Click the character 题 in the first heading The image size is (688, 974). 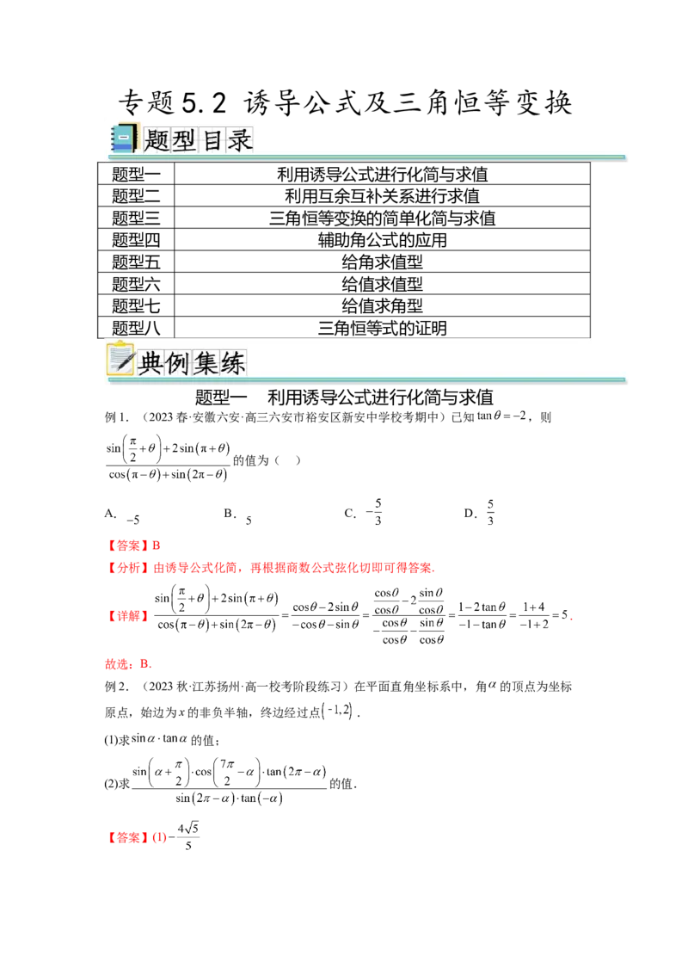tap(157, 140)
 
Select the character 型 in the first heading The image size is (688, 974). tap(184, 140)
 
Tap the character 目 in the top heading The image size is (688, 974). tap(212, 140)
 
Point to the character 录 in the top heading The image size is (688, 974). tap(239, 140)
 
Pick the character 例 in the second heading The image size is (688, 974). tap(177, 362)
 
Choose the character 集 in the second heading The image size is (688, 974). tap(205, 362)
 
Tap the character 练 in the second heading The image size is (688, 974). tap(232, 362)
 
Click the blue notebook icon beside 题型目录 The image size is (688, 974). tap(123, 139)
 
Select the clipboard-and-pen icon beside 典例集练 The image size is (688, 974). tap(120, 360)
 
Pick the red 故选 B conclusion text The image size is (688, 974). tap(126, 664)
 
